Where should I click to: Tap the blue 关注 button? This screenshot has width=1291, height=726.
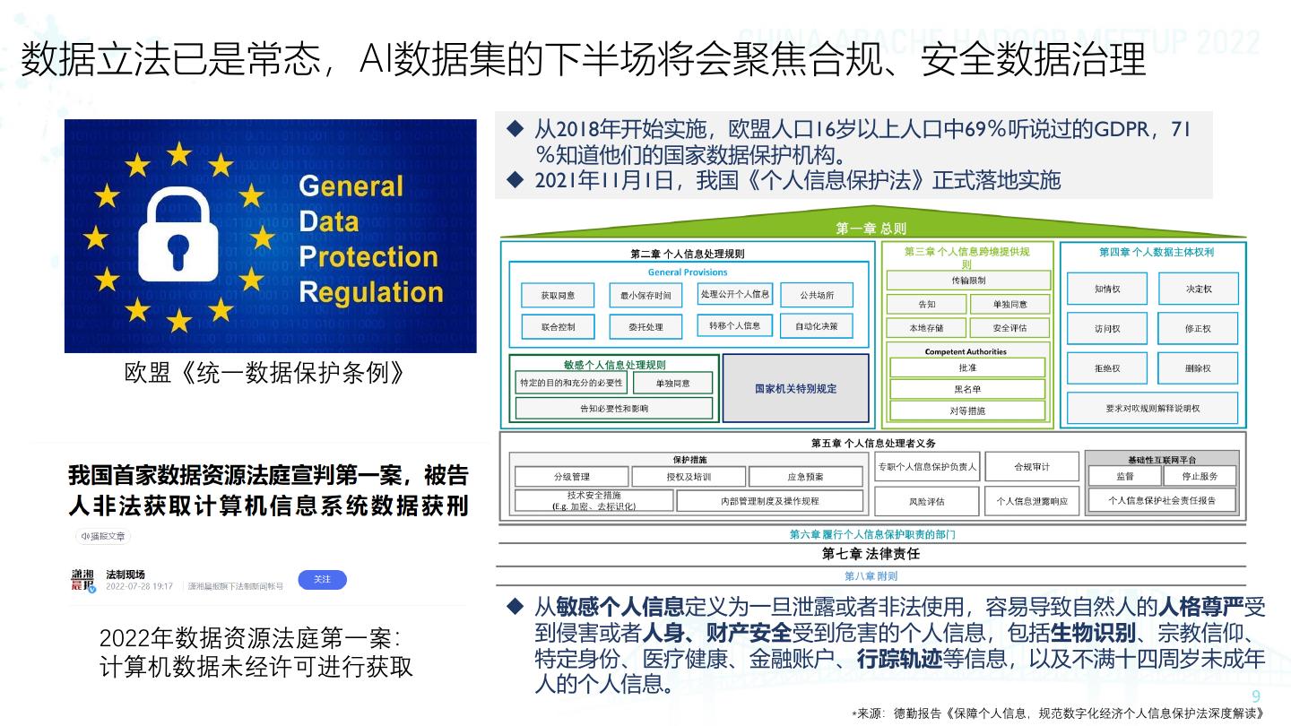[322, 580]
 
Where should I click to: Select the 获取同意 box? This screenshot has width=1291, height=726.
[558, 295]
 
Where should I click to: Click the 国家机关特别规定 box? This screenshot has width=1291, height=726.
[795, 388]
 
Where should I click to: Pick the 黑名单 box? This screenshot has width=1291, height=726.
[967, 389]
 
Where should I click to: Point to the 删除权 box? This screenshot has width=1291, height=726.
[1197, 368]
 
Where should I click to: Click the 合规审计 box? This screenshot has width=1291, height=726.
[1031, 467]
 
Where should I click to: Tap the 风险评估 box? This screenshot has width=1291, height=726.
[927, 501]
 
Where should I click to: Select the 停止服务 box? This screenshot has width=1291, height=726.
[1199, 476]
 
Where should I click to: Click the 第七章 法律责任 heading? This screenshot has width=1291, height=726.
[871, 554]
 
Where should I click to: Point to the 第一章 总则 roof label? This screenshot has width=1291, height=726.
[871, 229]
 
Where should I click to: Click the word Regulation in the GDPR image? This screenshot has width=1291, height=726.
[371, 292]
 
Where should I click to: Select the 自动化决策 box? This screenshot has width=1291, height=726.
[816, 326]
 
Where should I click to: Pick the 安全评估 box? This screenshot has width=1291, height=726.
[1009, 328]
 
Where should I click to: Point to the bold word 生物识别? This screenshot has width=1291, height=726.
[1093, 633]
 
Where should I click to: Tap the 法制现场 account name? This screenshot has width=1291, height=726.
[126, 574]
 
